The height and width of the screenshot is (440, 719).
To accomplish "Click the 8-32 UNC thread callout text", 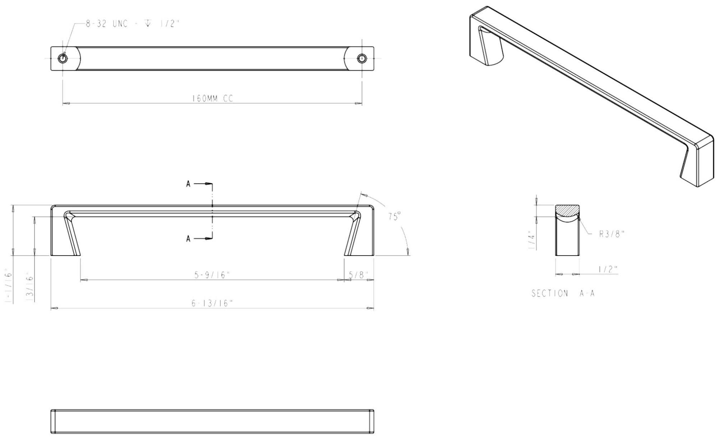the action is point(132,24).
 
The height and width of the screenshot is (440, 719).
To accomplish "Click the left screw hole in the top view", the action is point(63,58).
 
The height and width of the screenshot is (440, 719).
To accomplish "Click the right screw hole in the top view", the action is point(362,58).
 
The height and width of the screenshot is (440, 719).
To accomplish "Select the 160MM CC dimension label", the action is point(212,98).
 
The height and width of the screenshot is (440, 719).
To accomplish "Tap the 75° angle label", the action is point(394,216).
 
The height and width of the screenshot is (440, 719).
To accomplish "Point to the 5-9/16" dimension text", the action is point(212,275).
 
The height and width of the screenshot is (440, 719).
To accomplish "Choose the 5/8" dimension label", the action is point(359,275).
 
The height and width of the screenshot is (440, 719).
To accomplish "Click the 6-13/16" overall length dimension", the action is point(212,303).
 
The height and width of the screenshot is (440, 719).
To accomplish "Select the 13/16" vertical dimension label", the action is point(30,287).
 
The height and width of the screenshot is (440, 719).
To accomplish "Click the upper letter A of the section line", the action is point(188,184).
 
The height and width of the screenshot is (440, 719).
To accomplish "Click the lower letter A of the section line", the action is point(188,239).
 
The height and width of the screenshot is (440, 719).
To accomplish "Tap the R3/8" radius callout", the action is point(612,234).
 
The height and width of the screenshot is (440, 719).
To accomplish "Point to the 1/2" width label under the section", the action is point(608,269).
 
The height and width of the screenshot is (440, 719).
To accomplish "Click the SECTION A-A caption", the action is point(563,293).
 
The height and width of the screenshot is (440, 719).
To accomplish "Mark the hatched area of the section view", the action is point(567,211).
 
